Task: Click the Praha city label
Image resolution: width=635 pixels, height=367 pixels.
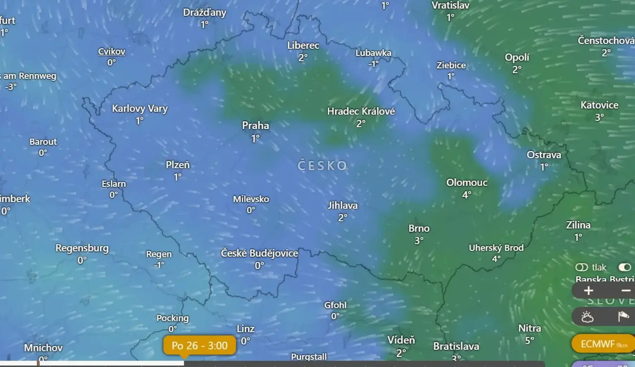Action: [x=255, y=126]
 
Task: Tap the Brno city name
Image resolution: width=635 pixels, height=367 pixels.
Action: [x=419, y=229]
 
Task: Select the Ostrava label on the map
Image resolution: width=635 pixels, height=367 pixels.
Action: [x=544, y=155]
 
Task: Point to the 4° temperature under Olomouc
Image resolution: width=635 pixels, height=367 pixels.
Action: [x=467, y=195]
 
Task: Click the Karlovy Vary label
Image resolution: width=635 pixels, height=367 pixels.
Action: [x=140, y=108]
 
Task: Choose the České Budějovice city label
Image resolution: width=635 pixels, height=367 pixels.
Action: [x=259, y=253]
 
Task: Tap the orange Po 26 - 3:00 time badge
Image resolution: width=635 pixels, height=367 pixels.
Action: [x=200, y=345]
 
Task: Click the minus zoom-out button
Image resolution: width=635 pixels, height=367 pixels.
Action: [x=626, y=291]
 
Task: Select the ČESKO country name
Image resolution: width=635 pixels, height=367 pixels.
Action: [x=322, y=166]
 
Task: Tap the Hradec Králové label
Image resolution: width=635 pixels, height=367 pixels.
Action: [x=361, y=112]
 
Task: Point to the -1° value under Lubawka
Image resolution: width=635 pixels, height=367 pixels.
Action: [x=373, y=64]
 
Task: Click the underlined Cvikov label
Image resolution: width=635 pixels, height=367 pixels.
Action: [x=111, y=52]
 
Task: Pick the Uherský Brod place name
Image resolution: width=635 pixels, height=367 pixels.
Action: [x=496, y=248]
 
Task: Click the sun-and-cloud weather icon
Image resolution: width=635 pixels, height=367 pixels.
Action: [x=587, y=317]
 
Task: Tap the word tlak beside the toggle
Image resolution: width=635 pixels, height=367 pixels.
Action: [x=599, y=267]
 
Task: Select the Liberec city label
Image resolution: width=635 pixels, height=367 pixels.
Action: [x=303, y=46]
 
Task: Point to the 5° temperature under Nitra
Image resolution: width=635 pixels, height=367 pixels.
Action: [x=529, y=341]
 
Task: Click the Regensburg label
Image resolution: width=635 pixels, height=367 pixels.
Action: [x=82, y=248]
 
